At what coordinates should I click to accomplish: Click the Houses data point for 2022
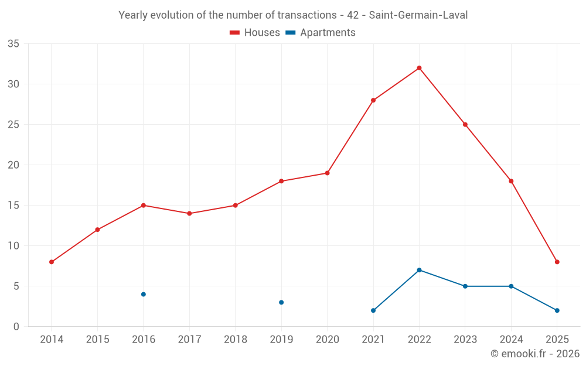click(x=419, y=68)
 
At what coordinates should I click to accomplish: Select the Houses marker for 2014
click(x=52, y=262)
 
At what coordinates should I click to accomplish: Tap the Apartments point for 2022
click(x=419, y=270)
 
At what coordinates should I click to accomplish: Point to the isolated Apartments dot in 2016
click(x=144, y=294)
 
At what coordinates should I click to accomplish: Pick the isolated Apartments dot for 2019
click(x=281, y=302)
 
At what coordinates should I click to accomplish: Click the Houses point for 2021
click(x=373, y=100)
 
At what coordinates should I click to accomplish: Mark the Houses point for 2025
click(x=557, y=262)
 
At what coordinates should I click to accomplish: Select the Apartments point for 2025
click(x=557, y=310)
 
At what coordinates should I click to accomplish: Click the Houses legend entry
click(x=255, y=33)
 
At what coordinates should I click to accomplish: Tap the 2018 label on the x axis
click(x=235, y=340)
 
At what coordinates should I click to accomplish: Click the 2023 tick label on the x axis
click(x=465, y=340)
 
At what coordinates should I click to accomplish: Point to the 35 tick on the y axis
click(x=13, y=44)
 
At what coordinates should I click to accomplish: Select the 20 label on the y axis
click(x=13, y=165)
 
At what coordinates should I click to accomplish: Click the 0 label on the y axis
click(x=16, y=327)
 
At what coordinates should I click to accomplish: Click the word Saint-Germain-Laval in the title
click(x=418, y=15)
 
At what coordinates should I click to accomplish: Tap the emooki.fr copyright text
click(x=534, y=354)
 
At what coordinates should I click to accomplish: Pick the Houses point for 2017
click(x=189, y=213)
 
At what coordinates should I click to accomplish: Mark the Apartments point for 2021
click(x=373, y=310)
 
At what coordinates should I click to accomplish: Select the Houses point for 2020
click(x=327, y=173)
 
